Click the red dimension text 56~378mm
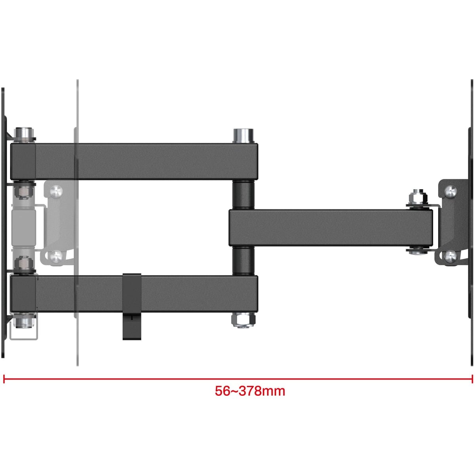click(x=250, y=391)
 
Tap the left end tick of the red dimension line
click(x=4, y=379)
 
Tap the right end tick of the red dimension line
click(x=472, y=379)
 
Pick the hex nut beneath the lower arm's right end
click(x=243, y=320)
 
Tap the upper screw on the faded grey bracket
click(x=57, y=191)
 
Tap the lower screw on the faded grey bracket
click(x=56, y=256)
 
